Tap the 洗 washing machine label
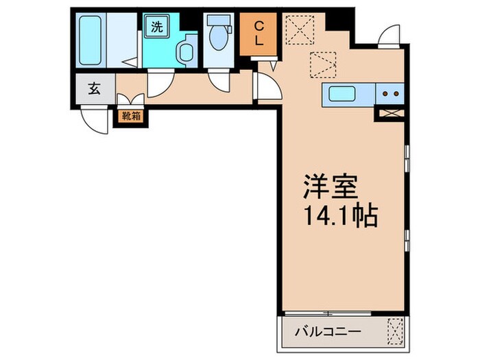click(x=157, y=28)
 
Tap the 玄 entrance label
click(x=92, y=88)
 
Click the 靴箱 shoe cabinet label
click(x=131, y=116)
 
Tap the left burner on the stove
click(x=385, y=93)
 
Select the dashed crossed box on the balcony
click(x=396, y=332)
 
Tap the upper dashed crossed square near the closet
click(x=300, y=28)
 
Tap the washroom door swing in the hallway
click(x=159, y=84)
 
